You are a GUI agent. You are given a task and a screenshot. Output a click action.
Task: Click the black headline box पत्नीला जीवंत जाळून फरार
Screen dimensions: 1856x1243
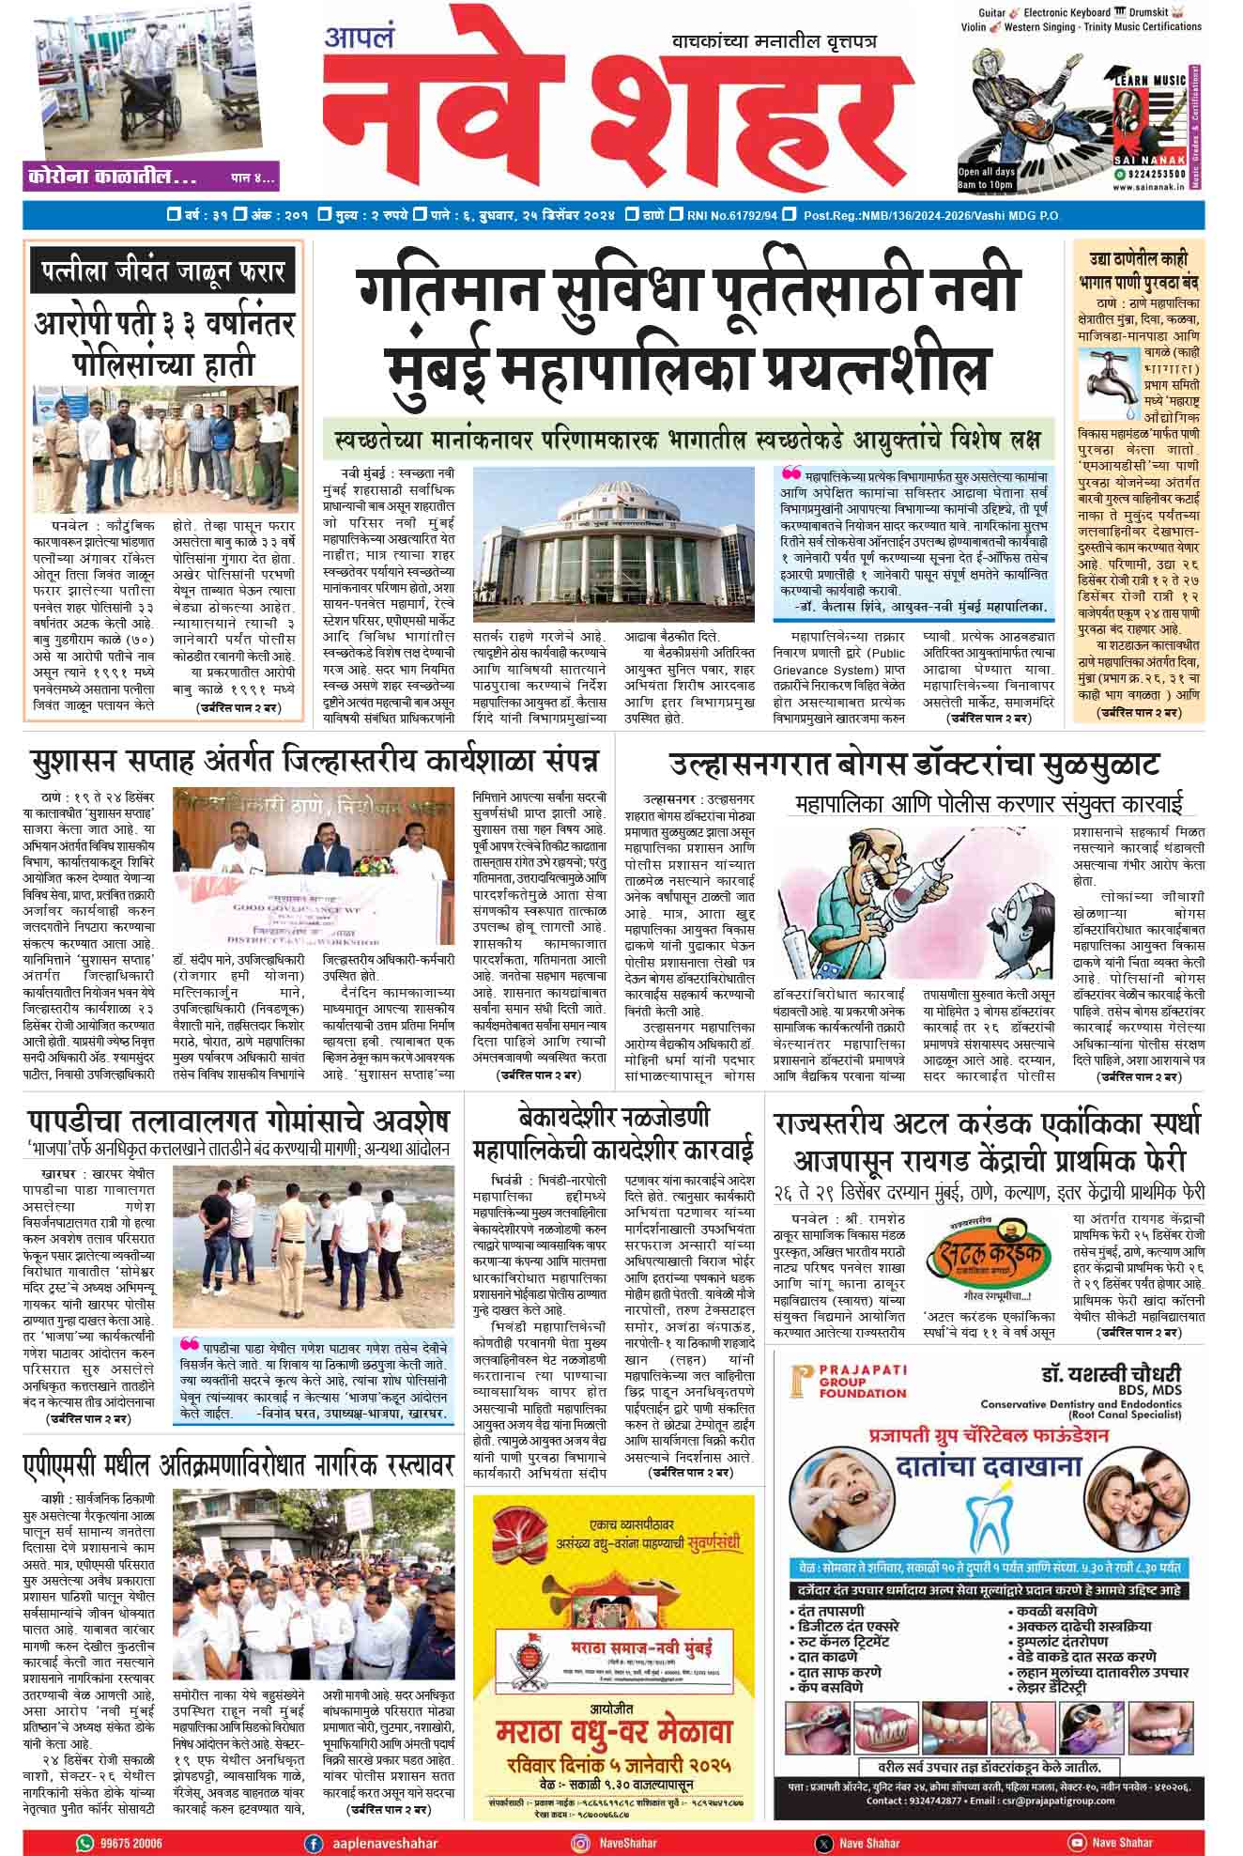click(x=162, y=273)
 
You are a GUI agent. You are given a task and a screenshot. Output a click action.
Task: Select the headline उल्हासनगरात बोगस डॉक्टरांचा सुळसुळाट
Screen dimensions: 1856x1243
click(x=914, y=764)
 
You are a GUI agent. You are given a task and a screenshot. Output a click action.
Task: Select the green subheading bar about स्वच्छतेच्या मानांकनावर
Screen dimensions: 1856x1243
click(x=688, y=439)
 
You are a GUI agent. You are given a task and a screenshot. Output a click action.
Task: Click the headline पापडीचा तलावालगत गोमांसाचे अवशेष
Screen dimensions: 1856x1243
click(x=238, y=1121)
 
